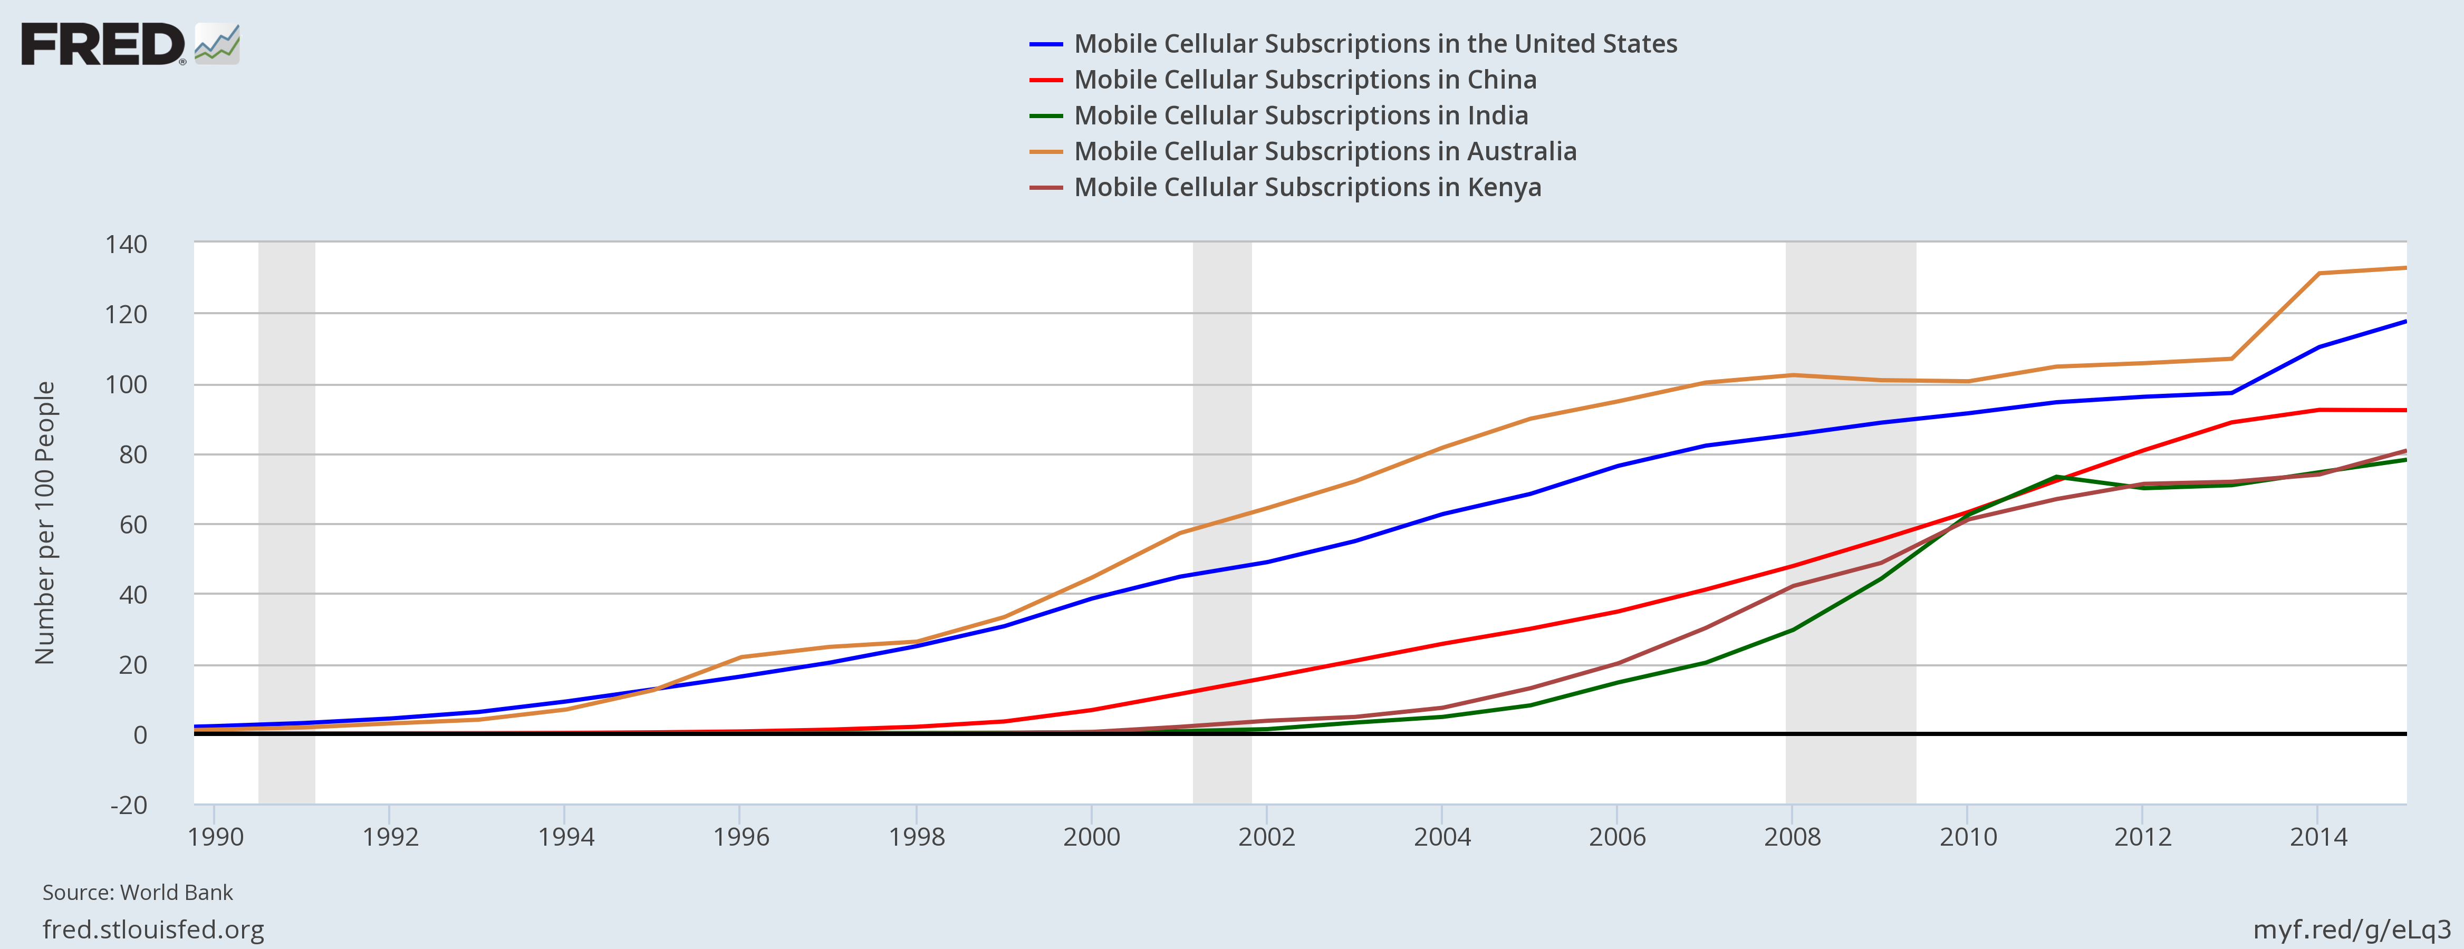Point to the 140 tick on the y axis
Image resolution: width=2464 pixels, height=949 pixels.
pyautogui.click(x=126, y=245)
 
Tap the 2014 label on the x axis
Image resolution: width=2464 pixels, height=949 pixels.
pyautogui.click(x=2318, y=837)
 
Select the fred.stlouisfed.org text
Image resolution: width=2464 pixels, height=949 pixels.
pyautogui.click(x=153, y=930)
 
